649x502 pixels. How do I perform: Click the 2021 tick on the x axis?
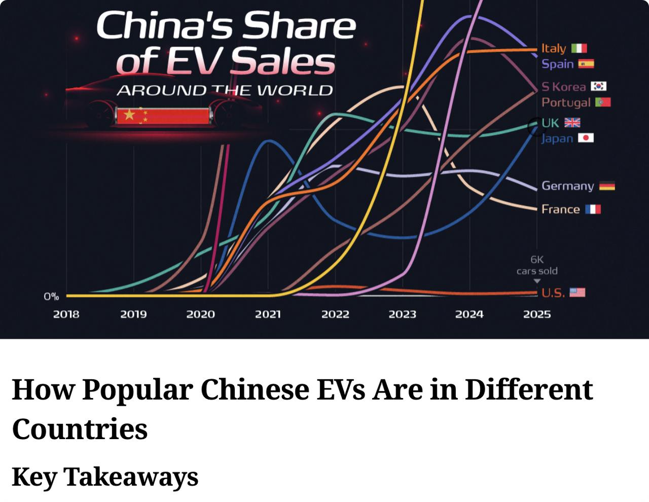tap(268, 314)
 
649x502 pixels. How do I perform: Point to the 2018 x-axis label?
tap(66, 314)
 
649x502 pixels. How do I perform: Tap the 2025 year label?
tap(536, 314)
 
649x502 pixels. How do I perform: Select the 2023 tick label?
tap(402, 314)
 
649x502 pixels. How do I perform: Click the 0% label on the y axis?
tap(51, 297)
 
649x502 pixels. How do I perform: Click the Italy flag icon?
tap(579, 48)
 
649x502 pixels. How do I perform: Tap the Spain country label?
tap(557, 64)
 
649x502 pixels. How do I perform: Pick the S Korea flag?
tap(599, 86)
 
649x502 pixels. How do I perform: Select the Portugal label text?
tap(566, 102)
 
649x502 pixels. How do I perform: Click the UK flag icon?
tap(572, 123)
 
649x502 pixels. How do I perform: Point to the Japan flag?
tap(586, 138)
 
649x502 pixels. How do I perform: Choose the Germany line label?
tap(567, 186)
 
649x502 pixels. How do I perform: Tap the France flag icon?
tap(593, 209)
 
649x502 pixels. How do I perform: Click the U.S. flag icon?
tap(578, 292)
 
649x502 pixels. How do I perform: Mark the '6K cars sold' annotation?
tap(536, 265)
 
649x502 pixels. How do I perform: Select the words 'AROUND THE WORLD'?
tap(225, 91)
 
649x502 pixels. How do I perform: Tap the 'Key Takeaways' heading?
tap(105, 477)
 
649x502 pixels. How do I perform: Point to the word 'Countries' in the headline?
tap(80, 428)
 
